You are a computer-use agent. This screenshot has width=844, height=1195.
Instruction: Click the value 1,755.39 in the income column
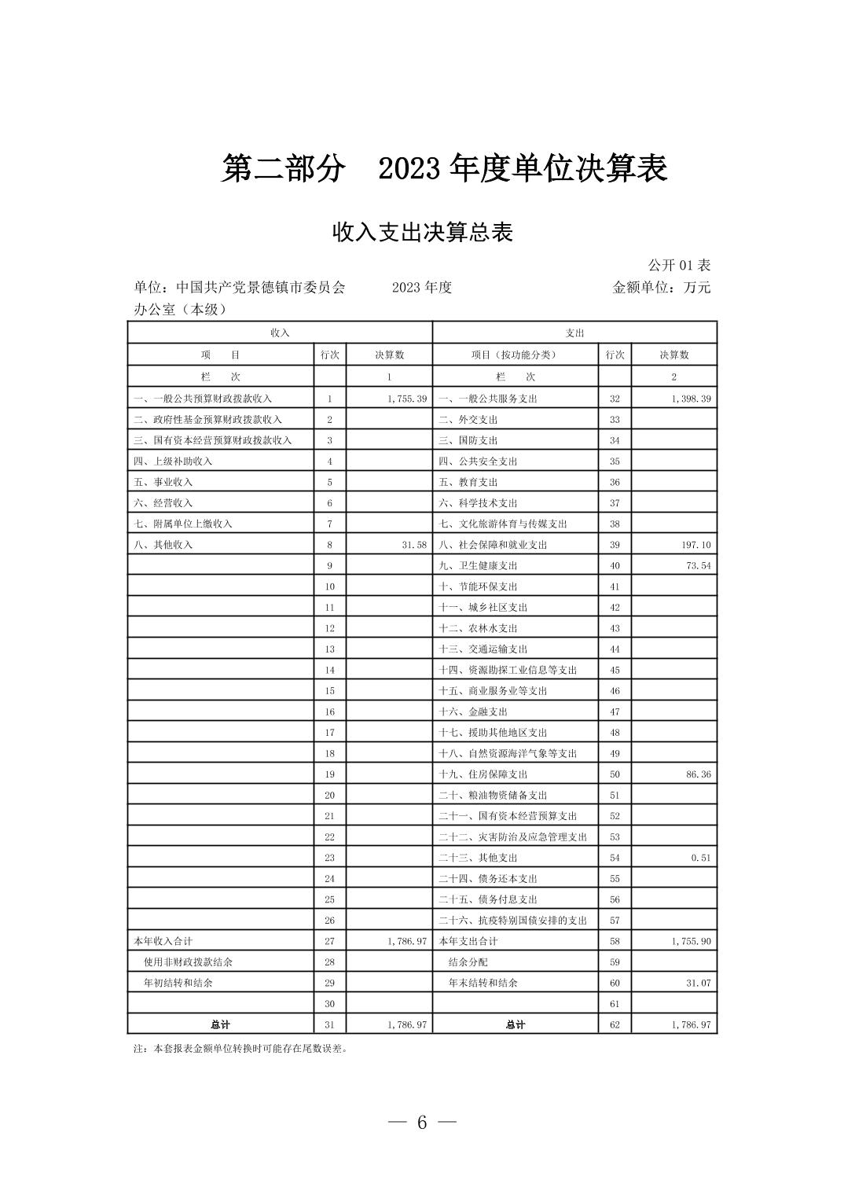pos(406,399)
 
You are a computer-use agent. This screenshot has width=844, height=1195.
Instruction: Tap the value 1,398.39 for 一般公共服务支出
pos(691,399)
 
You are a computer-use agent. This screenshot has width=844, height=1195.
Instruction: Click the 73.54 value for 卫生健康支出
pos(698,565)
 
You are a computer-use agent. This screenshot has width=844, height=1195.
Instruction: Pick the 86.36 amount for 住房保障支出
pos(698,774)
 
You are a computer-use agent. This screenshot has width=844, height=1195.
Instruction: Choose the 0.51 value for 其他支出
pos(701,858)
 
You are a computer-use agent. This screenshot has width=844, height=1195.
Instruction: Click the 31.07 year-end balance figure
pos(698,983)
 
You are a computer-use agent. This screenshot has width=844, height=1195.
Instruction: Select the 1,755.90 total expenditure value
pos(691,941)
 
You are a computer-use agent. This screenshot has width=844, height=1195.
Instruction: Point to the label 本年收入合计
pos(163,941)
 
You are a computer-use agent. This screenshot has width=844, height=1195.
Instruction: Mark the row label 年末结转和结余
pos(483,983)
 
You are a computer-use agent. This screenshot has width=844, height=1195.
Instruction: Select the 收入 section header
pos(280,333)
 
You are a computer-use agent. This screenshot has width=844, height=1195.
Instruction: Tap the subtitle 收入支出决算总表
pos(423,232)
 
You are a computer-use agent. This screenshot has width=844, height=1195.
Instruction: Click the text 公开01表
pos(679,265)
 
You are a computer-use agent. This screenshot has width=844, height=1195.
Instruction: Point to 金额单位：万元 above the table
pos(661,287)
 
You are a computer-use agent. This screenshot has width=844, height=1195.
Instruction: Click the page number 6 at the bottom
pos(422,1122)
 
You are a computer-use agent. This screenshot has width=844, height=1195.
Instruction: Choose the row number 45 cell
pos(615,670)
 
